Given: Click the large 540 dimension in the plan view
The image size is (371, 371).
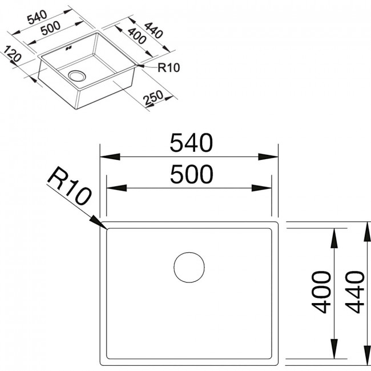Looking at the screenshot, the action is [191, 143].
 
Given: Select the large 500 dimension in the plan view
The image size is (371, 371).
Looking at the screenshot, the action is [191, 175].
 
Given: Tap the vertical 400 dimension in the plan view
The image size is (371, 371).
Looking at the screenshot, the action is [321, 292].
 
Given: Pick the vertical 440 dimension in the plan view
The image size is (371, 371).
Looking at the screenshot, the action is [354, 292].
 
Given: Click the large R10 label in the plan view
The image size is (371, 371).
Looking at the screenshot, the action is [69, 185].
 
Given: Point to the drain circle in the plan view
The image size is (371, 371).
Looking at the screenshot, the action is [189, 267].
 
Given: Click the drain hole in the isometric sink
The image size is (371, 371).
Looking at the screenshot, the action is [77, 75].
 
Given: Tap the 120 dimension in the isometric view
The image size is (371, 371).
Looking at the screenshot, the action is [13, 54].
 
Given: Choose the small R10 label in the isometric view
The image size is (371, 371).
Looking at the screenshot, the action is [169, 68].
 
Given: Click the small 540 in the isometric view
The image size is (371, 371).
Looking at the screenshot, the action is [37, 18].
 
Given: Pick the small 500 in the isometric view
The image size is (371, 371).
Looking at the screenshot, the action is [50, 28].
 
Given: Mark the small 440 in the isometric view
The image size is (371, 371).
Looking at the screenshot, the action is [154, 30].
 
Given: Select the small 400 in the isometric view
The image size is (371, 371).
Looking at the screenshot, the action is [136, 36].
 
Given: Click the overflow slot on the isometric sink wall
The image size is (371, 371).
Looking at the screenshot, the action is [69, 49].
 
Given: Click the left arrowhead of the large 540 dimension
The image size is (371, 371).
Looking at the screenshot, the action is [110, 157].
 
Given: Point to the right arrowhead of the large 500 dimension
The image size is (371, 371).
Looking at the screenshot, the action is [261, 188].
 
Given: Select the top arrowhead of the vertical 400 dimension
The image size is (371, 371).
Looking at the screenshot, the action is [334, 238].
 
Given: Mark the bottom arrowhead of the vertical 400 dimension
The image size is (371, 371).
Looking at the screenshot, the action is [334, 349].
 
